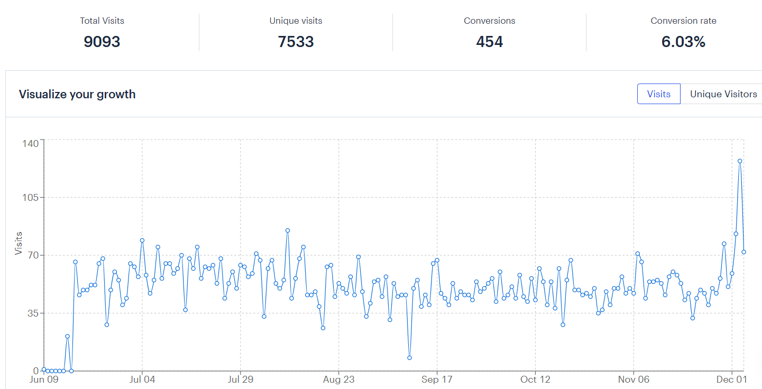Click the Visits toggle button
point(658,94)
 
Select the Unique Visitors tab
point(723,94)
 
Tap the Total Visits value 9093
point(102,42)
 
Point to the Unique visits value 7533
point(296,42)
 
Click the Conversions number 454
point(489,42)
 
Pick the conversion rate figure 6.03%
point(683,42)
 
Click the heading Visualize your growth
point(77,95)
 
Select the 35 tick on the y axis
point(33,313)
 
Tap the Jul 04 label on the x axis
point(142,379)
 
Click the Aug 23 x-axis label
point(338,379)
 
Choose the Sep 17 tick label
point(437,379)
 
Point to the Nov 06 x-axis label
point(634,379)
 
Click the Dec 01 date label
point(732,379)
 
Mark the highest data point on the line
point(740,161)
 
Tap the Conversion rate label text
point(683,21)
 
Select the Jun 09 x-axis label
point(44,379)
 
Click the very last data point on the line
point(743,252)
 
